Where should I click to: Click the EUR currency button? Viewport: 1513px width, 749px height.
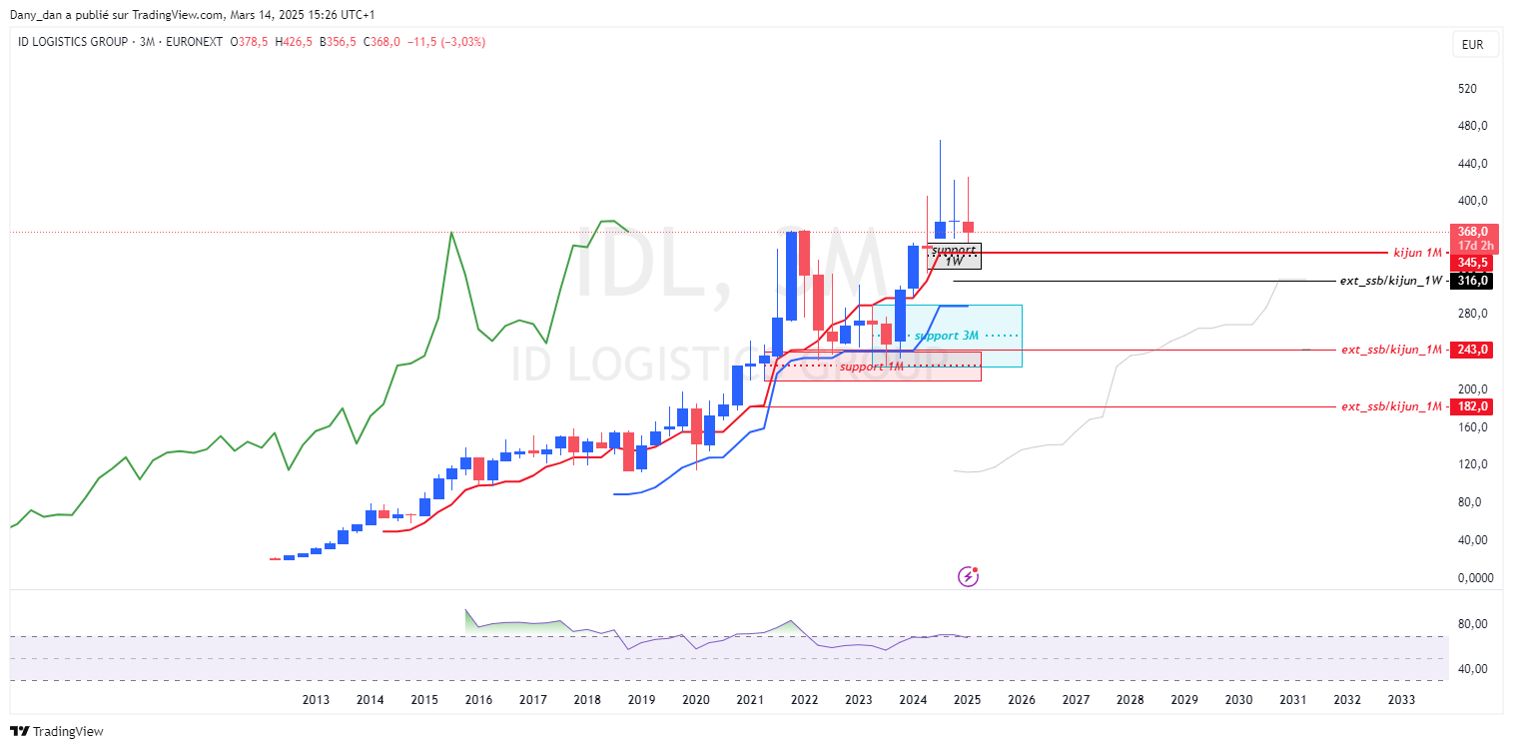point(1472,45)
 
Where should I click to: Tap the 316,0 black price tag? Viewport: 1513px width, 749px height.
point(1471,281)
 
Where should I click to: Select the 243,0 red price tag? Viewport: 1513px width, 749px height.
point(1471,350)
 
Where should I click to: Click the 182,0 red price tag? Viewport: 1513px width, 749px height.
point(1471,406)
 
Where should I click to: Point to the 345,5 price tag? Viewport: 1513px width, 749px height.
point(1471,263)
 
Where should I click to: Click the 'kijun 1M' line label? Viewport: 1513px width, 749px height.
point(1417,253)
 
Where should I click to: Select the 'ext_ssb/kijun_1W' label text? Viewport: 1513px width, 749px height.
point(1391,281)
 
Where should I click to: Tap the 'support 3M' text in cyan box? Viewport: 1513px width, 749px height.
point(947,336)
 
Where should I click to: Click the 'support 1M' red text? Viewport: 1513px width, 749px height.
point(871,367)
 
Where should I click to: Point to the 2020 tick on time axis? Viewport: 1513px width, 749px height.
point(696,700)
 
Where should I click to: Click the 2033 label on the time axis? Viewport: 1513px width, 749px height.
point(1401,700)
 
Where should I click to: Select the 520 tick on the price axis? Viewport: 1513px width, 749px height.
point(1467,89)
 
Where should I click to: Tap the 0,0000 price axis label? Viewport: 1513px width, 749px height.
point(1475,578)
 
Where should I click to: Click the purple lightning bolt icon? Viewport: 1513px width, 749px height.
point(968,576)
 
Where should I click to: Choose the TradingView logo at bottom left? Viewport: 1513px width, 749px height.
point(56,731)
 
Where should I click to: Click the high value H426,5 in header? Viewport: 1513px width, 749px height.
point(294,42)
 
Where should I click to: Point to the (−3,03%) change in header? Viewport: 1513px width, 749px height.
point(463,42)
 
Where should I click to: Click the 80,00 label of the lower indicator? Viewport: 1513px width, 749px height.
point(1472,624)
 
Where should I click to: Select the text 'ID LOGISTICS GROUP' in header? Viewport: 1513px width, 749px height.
point(73,42)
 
